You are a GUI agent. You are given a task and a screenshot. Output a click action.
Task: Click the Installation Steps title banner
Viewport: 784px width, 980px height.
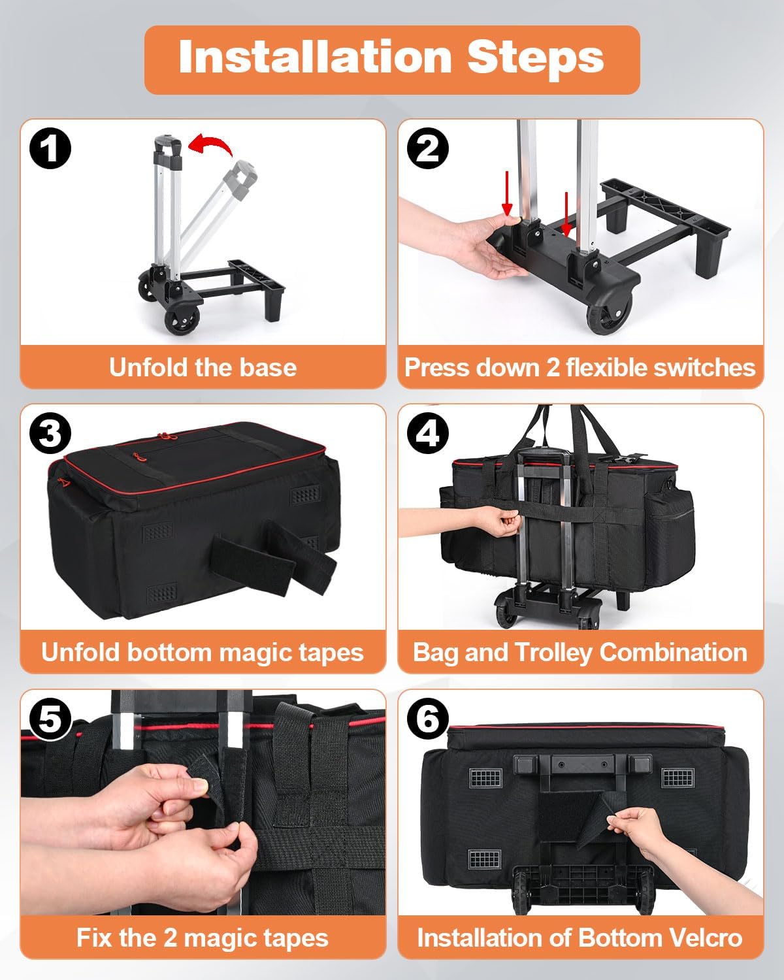click(391, 59)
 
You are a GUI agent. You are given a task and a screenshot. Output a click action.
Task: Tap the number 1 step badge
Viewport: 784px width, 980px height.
click(50, 148)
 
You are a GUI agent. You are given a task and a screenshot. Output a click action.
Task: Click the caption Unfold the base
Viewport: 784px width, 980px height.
click(203, 367)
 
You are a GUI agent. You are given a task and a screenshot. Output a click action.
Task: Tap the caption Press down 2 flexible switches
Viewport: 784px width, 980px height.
click(580, 367)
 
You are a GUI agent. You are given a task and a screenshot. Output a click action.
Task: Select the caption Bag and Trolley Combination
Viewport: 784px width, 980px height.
click(580, 652)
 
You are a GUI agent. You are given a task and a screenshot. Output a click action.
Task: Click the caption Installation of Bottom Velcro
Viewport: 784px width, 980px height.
click(580, 938)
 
